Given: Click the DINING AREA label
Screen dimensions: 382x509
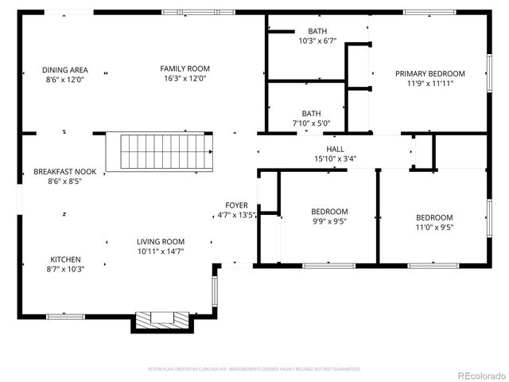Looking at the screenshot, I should (x=65, y=69).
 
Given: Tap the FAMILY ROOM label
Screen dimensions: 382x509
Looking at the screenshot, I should (x=185, y=68).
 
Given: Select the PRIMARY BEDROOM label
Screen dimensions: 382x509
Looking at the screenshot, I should (x=430, y=73).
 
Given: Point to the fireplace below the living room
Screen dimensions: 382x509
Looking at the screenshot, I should (x=162, y=320).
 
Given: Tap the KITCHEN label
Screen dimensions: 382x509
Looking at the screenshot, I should (x=66, y=259).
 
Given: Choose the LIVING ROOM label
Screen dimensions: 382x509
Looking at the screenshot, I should (x=161, y=242).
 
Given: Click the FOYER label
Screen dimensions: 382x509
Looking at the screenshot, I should (x=236, y=205).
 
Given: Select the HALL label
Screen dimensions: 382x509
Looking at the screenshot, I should (x=335, y=149).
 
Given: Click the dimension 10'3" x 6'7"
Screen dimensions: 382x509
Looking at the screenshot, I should (x=318, y=41).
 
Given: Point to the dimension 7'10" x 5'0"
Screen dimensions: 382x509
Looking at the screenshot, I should (x=311, y=123).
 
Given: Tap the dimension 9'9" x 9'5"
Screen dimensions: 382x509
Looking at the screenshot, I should (x=329, y=221).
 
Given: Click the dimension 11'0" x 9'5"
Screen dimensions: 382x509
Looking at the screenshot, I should (x=434, y=227).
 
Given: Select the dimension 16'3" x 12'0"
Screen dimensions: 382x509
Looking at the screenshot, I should (x=185, y=79).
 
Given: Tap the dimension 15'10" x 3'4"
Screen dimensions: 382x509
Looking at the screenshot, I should (x=335, y=158).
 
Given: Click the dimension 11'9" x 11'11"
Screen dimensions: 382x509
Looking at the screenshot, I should (x=430, y=83).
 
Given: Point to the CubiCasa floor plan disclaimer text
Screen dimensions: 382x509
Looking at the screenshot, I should (x=254, y=369).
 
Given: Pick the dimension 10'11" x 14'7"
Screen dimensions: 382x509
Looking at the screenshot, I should (x=161, y=251).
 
